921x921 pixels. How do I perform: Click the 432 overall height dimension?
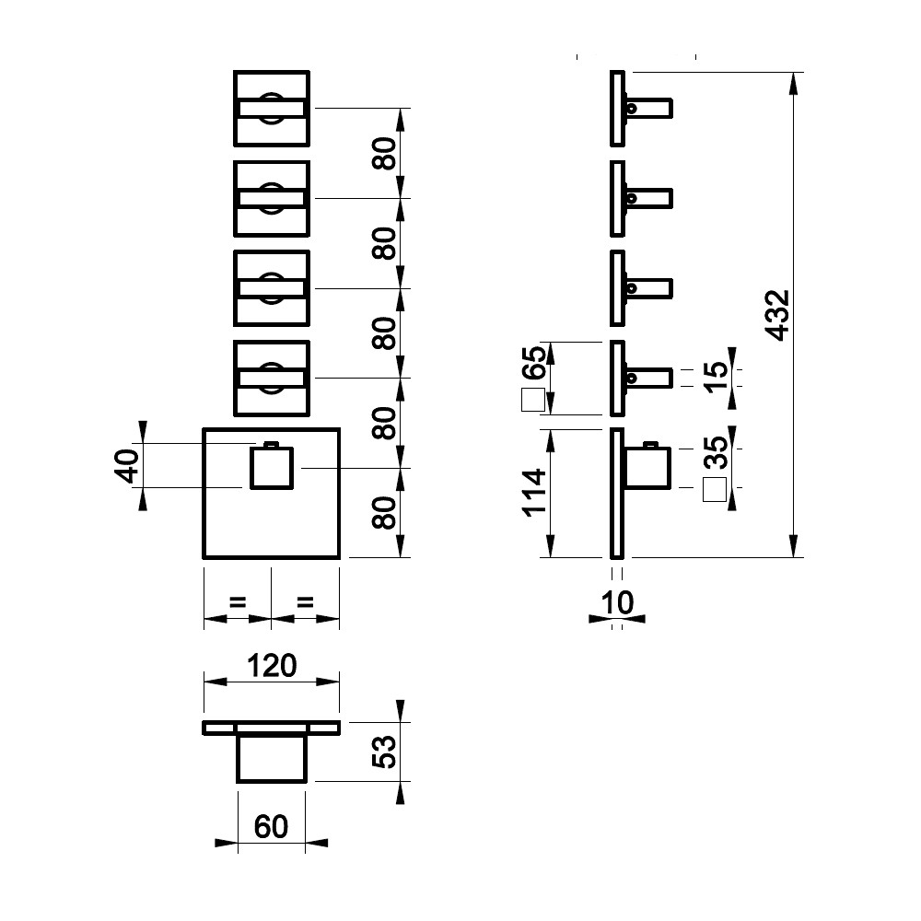click(779, 315)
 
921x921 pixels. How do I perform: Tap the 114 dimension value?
click(534, 493)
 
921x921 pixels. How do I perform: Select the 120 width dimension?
click(272, 666)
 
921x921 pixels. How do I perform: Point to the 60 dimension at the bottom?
click(271, 827)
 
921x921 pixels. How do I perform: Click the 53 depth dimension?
click(385, 752)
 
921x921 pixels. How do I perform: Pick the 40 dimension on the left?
click(127, 466)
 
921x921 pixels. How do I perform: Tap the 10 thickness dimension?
click(617, 602)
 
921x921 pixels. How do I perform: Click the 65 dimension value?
click(534, 362)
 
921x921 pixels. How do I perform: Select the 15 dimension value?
click(716, 377)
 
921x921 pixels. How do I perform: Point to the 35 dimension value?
click(716, 452)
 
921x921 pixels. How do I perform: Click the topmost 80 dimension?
click(385, 153)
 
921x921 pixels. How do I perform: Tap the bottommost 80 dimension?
click(385, 513)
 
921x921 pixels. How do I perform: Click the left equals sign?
click(238, 602)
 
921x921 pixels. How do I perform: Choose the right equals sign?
click(306, 602)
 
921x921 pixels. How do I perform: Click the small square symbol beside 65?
click(533, 400)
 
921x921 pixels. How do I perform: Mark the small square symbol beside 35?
click(715, 490)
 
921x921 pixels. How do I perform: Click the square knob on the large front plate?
click(272, 468)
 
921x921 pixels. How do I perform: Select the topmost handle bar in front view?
click(272, 109)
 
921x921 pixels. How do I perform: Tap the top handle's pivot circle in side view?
click(632, 108)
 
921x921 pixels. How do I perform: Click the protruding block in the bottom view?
click(272, 758)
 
